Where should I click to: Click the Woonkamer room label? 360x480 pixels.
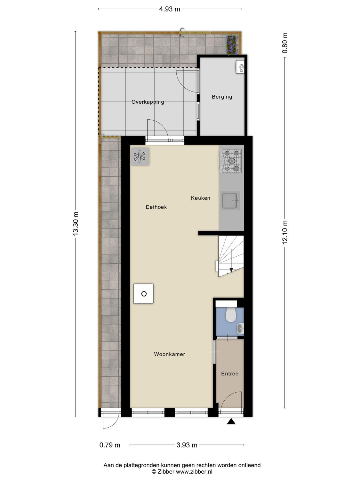(169, 354)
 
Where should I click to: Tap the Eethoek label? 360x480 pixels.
(156, 207)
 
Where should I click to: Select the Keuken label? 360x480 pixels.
(200, 198)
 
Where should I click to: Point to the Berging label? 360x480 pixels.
(222, 97)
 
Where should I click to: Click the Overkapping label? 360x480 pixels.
(148, 102)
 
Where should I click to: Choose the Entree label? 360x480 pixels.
(229, 373)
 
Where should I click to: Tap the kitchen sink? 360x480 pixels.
(230, 201)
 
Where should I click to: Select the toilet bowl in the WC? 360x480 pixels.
(230, 315)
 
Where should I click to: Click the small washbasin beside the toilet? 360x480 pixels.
(240, 328)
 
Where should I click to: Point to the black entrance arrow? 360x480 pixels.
(231, 422)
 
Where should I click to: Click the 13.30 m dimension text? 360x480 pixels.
(76, 224)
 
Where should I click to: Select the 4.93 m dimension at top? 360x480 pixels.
(170, 9)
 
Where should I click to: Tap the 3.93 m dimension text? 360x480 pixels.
(187, 445)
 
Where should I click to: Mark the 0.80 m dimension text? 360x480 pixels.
(285, 43)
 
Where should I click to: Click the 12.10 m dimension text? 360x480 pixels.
(285, 232)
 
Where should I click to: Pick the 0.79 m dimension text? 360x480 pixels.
(110, 445)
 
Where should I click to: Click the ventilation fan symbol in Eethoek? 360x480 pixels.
(140, 156)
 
